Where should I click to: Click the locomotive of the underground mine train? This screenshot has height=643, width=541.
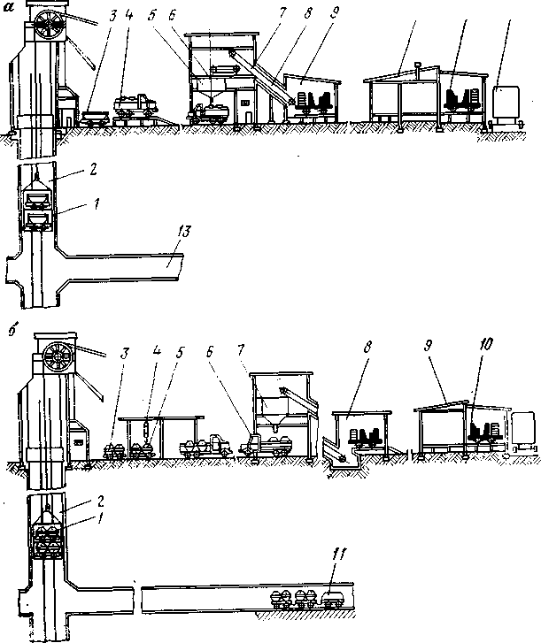(335, 597)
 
